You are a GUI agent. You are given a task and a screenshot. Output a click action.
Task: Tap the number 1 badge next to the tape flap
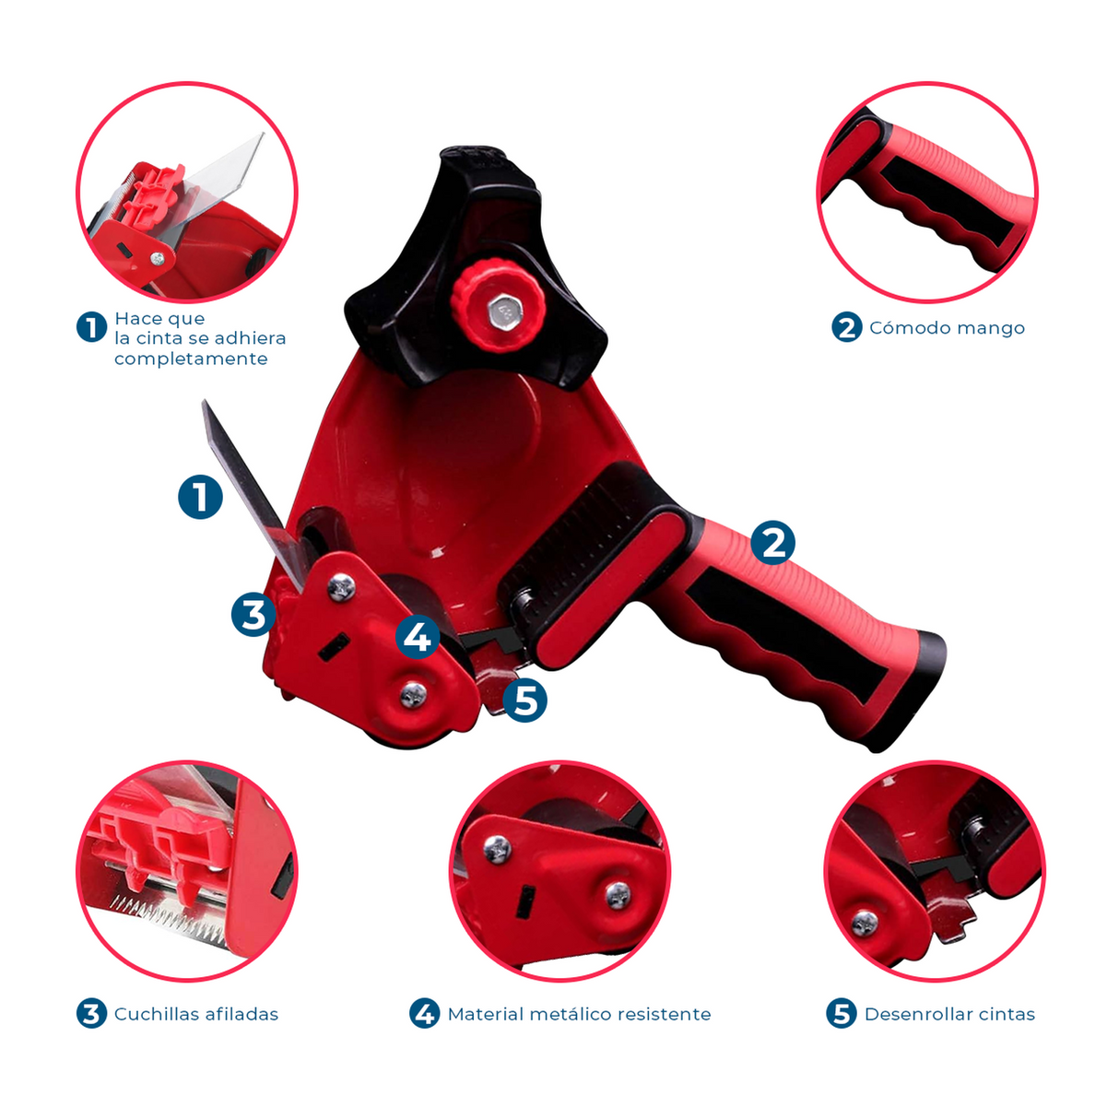click(x=200, y=497)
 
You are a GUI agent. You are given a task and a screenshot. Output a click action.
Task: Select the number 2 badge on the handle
click(x=772, y=542)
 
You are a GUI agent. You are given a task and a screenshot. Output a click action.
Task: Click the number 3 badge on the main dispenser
click(x=253, y=614)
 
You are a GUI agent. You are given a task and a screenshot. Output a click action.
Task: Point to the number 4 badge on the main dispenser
click(x=417, y=636)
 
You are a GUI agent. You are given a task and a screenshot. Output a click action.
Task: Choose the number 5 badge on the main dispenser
click(x=524, y=700)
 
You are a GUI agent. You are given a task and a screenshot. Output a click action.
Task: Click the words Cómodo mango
click(x=947, y=328)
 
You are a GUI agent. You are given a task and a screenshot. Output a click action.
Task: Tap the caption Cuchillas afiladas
click(x=196, y=1014)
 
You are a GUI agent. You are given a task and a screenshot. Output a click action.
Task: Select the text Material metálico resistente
click(x=579, y=1014)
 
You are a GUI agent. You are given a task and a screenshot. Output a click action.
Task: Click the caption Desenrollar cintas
click(x=950, y=1014)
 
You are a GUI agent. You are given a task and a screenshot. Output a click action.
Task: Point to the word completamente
click(x=191, y=359)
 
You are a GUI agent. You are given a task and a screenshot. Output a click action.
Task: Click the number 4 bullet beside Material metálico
click(x=425, y=1014)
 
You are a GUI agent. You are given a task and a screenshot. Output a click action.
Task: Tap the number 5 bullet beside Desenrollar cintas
click(x=842, y=1014)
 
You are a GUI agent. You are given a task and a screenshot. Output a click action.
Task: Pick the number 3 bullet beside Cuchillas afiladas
click(x=92, y=1014)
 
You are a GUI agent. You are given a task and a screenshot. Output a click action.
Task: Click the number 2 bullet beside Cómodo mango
click(x=847, y=327)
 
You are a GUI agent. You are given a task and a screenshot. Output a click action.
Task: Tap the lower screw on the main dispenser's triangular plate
click(x=414, y=693)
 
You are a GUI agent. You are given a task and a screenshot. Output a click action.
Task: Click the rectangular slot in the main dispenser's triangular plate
click(x=334, y=647)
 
